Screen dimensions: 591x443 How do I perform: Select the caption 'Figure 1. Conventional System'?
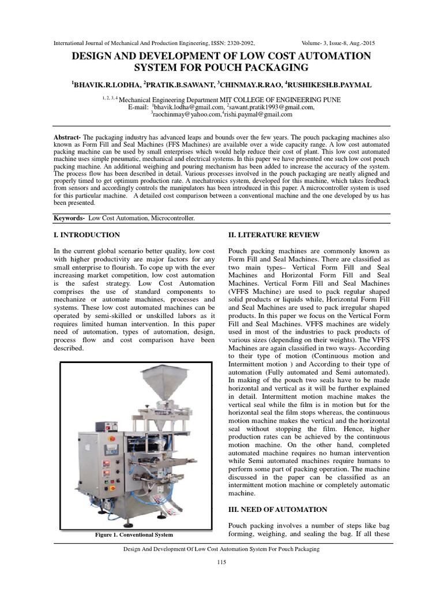coord(134,534)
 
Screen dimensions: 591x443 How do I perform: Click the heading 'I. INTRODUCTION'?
coord(87,235)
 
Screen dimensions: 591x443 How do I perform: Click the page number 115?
coord(221,562)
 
